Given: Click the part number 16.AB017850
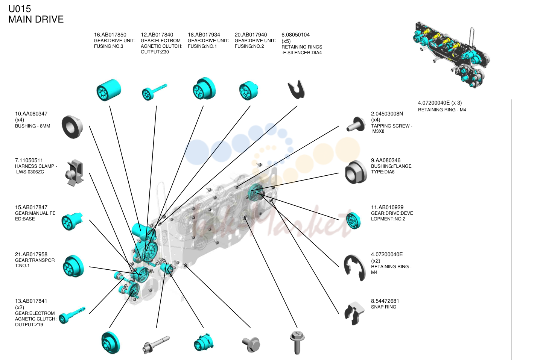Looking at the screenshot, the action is point(110,35).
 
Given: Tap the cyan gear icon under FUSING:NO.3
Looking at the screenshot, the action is point(108,90).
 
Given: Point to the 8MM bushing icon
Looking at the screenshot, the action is point(72,127).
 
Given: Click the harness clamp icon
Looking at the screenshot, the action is point(75,173).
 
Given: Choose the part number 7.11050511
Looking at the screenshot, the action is point(29,160).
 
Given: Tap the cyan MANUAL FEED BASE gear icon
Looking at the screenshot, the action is point(72,221).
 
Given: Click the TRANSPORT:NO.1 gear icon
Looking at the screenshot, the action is point(73,266).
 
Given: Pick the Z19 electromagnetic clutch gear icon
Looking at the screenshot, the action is point(72,315).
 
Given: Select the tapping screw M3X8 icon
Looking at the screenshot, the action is point(356,124).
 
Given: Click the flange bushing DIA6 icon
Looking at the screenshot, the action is point(356,172).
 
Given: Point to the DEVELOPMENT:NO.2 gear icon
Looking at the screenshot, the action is point(353,220).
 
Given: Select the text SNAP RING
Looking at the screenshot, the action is point(383,307).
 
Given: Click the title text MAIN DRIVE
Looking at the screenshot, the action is point(36,19).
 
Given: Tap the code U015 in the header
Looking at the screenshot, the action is point(20,9).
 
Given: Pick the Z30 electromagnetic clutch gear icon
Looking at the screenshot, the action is point(155,92).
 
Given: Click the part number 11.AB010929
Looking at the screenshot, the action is point(387,207).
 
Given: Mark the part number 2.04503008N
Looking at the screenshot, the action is point(387,114).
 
